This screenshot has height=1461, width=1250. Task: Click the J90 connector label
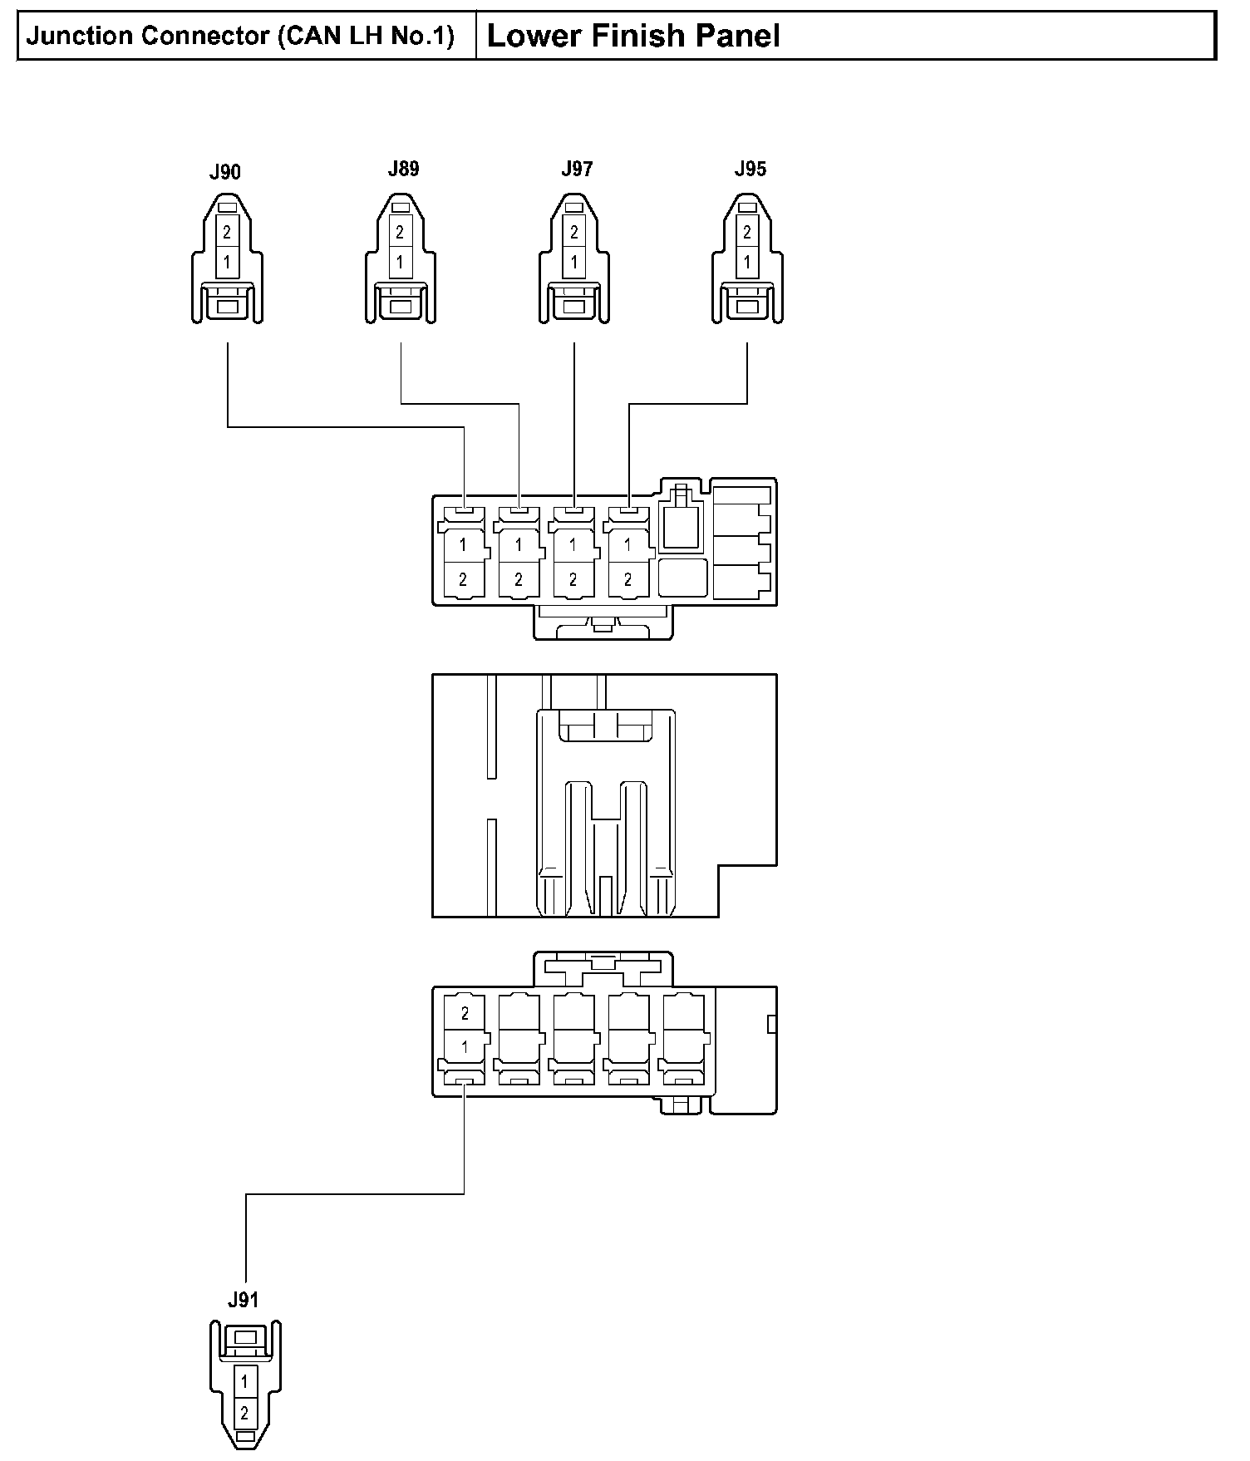click(224, 173)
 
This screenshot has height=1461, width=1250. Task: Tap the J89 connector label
click(403, 170)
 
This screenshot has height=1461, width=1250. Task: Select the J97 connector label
click(577, 170)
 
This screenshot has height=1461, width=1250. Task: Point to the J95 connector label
click(750, 170)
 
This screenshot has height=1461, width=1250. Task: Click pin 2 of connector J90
click(227, 234)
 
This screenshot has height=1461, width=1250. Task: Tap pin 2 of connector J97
click(573, 234)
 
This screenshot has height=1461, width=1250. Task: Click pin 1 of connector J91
click(244, 1382)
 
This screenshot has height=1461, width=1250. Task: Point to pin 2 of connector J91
click(244, 1412)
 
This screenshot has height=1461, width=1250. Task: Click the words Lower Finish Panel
click(632, 36)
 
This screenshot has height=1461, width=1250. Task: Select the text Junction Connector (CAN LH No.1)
click(240, 36)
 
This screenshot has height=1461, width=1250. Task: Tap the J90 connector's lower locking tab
click(227, 307)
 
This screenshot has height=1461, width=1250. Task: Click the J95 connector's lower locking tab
click(747, 307)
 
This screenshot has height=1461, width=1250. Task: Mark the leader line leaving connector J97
click(574, 416)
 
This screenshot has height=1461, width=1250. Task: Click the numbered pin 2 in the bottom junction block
click(465, 1013)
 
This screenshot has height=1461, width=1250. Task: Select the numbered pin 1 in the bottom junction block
click(465, 1046)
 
